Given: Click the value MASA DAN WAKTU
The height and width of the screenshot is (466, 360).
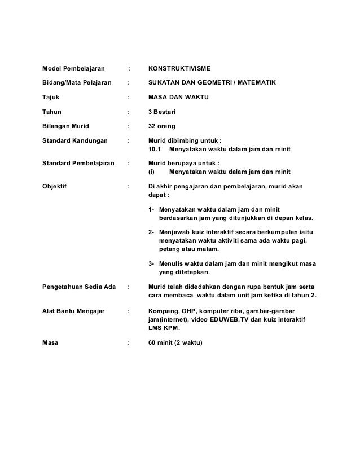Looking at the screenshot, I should [x=175, y=98].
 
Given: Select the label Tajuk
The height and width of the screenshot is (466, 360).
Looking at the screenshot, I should [x=52, y=98].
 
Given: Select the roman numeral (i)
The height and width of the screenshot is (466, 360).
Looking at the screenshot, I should [x=151, y=173].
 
